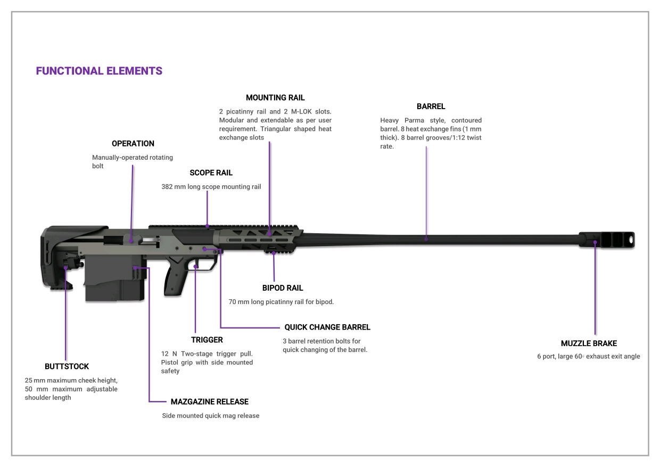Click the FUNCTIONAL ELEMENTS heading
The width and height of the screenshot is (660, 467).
[99, 71]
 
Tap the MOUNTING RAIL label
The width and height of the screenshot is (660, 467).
[275, 98]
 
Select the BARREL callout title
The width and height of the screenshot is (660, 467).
[431, 106]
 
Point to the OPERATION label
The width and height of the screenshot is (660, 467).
[133, 144]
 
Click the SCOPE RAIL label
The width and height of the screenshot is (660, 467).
[211, 173]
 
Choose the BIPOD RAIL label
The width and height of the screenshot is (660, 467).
[283, 288]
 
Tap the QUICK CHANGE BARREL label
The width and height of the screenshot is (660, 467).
[327, 327]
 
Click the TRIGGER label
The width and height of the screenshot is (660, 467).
[207, 340]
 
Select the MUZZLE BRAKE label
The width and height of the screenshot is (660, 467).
[589, 343]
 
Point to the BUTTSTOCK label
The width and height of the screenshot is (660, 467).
[67, 366]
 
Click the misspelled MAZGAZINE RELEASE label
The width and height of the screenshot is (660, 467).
[210, 402]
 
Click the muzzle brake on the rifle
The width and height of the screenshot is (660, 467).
[606, 239]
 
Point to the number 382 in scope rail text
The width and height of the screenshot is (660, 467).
[168, 187]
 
